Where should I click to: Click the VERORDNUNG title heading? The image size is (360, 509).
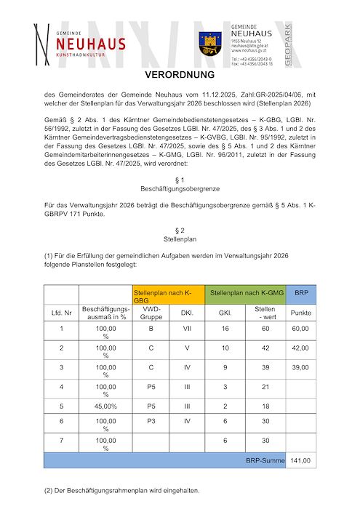pyautogui.click(x=180, y=75)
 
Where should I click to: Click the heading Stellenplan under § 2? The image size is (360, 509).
pyautogui.click(x=180, y=236)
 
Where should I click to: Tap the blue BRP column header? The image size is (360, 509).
pyautogui.click(x=300, y=291)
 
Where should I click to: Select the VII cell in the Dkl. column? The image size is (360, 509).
pyautogui.click(x=186, y=328)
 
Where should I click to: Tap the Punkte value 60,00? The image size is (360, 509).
pyautogui.click(x=300, y=328)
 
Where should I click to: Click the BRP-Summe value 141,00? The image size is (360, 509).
pyautogui.click(x=300, y=460)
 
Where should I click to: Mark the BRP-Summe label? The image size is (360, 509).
pyautogui.click(x=264, y=460)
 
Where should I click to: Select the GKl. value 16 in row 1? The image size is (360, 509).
pyautogui.click(x=225, y=328)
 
